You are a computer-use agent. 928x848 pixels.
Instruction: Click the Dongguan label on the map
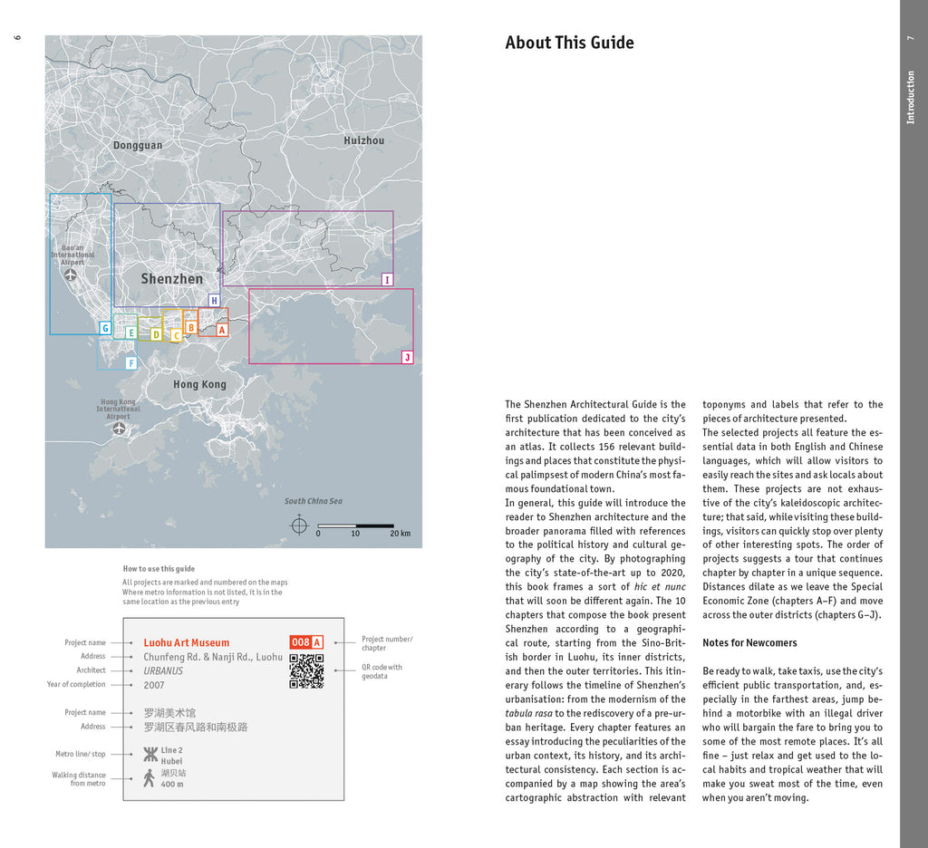tap(138, 145)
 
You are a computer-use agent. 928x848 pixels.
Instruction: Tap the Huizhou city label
tap(363, 140)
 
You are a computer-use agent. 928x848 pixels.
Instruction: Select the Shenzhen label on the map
tap(171, 279)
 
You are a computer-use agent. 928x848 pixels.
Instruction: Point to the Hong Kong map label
tap(199, 384)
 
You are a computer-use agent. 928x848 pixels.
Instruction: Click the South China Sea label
tap(314, 501)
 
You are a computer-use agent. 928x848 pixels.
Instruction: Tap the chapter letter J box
tap(407, 358)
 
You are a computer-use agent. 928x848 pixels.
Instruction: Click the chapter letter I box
tap(387, 280)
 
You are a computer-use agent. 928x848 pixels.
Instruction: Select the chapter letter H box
tap(214, 301)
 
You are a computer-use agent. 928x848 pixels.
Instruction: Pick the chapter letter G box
tap(105, 329)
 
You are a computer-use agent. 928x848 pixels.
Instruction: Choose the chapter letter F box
tap(130, 363)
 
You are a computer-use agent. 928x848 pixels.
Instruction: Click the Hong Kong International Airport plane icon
tap(119, 429)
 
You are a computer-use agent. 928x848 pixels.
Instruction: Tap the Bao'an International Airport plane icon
tap(72, 274)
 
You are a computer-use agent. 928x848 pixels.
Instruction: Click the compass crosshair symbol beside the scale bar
tap(299, 525)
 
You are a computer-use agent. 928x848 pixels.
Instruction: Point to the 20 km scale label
tap(400, 534)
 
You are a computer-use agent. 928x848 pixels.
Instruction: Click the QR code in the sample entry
tap(306, 670)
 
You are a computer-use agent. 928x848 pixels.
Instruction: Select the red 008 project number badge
tap(300, 642)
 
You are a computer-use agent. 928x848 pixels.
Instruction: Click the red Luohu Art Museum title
tap(187, 643)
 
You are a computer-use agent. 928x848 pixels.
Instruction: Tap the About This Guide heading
tap(569, 43)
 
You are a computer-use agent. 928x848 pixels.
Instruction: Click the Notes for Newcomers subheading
tap(749, 643)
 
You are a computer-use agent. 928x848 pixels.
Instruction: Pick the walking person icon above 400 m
tap(150, 778)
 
